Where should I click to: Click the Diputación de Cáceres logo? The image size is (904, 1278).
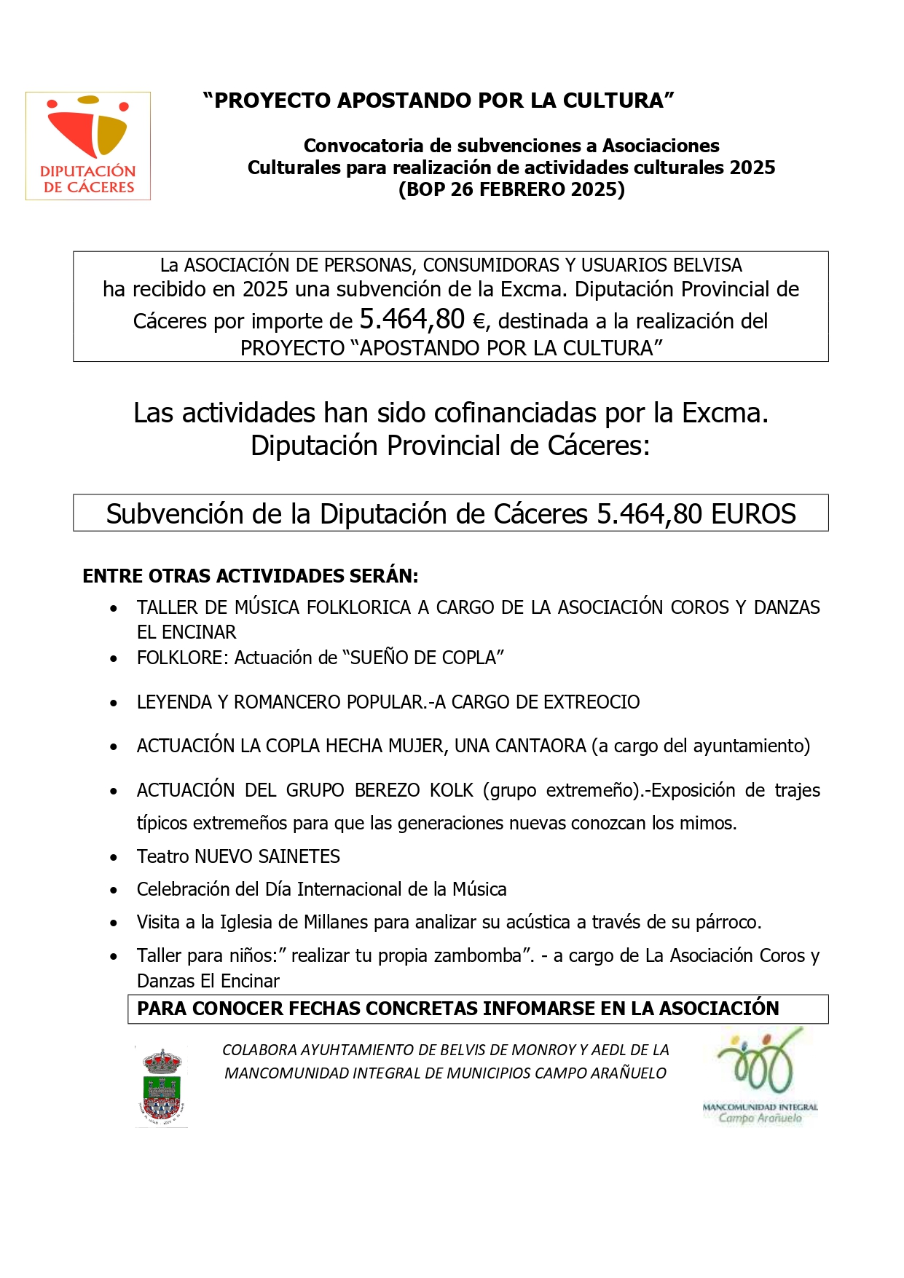point(88,146)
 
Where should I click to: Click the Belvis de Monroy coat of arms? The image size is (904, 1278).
point(162,1086)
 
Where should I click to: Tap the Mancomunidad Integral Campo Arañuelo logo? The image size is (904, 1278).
point(760,1076)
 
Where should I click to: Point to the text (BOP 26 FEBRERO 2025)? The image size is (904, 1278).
point(511,189)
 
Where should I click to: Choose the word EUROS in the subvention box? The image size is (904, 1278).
point(753,514)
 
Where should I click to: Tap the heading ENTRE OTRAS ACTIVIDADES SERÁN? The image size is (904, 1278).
point(251,576)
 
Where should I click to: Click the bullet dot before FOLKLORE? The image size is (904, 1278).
point(114,658)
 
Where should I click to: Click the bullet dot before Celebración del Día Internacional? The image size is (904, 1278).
point(114,890)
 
